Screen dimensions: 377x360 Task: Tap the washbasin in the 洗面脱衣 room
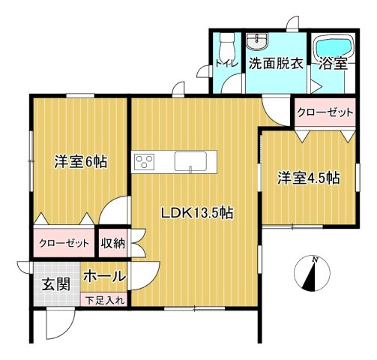click(x=257, y=41)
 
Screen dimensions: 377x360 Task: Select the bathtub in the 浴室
click(x=334, y=47)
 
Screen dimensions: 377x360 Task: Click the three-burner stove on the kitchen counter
click(x=144, y=161)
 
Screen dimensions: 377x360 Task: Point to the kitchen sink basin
click(x=190, y=161)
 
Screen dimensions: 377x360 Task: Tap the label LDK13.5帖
click(x=197, y=214)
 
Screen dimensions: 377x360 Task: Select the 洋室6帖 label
click(x=81, y=162)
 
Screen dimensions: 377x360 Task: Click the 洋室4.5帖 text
click(x=309, y=178)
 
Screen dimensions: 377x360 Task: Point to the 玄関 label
click(x=56, y=284)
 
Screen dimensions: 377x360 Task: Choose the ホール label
click(x=104, y=276)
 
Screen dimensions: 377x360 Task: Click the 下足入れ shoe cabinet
click(x=104, y=299)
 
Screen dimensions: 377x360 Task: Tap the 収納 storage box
click(x=113, y=243)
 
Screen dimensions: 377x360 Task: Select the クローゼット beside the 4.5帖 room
click(x=325, y=112)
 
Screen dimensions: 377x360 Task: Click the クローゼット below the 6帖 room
click(x=64, y=243)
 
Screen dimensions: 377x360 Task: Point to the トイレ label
click(x=227, y=64)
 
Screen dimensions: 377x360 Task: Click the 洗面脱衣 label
click(x=276, y=64)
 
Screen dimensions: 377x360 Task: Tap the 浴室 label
click(x=334, y=64)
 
